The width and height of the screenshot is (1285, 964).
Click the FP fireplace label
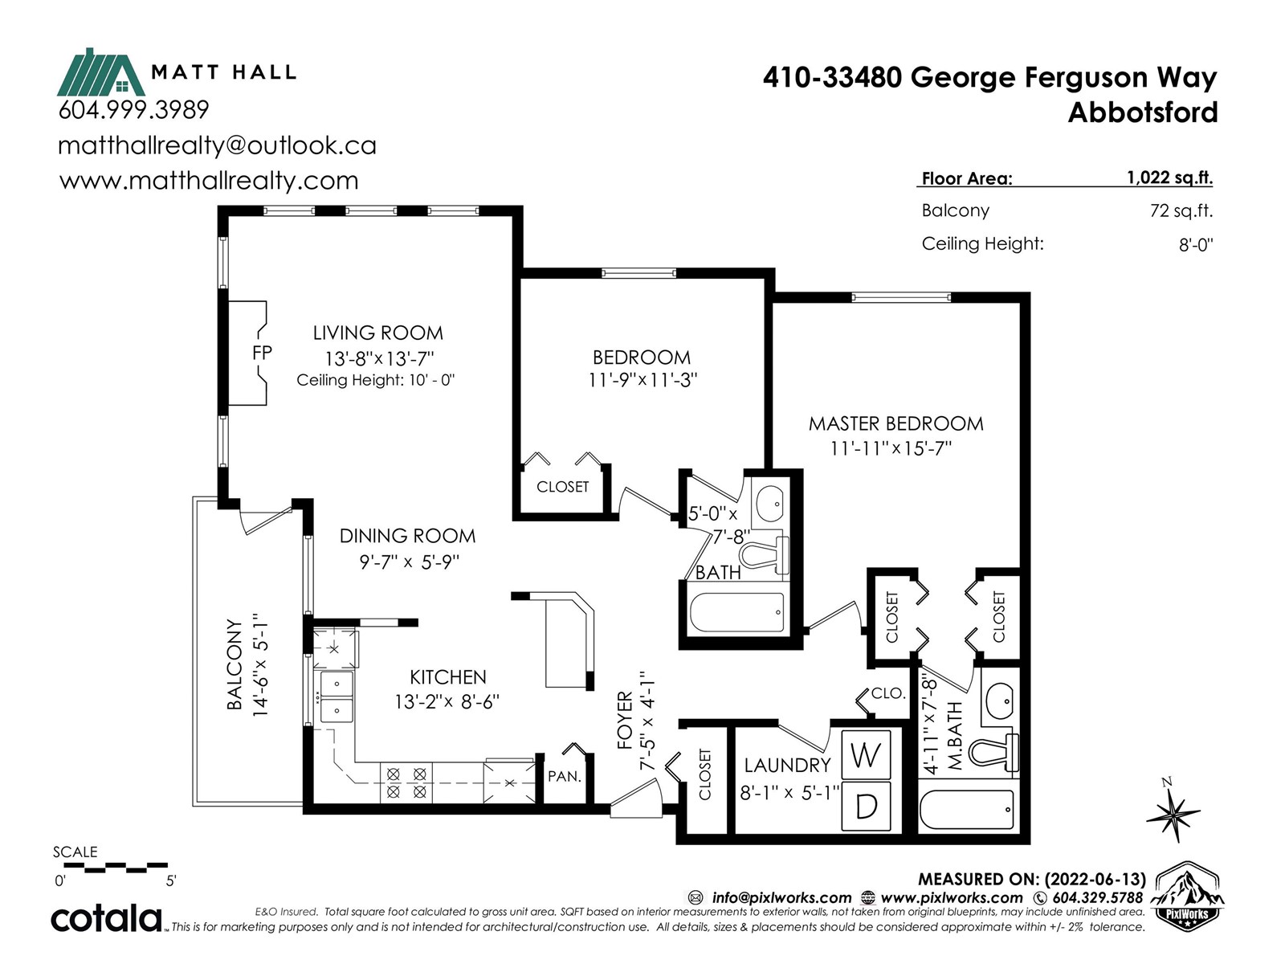(262, 353)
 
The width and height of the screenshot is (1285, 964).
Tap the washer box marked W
(866, 755)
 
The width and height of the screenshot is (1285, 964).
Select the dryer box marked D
(866, 806)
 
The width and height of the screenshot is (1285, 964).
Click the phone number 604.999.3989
(133, 109)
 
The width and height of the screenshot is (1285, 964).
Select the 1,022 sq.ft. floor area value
(1169, 178)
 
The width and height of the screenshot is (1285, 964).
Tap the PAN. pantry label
(564, 777)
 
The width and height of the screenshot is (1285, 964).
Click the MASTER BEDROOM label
(895, 424)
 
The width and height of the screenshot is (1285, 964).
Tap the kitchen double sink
(335, 697)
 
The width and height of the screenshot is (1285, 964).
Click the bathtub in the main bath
(736, 615)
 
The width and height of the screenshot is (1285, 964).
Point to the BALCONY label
(235, 664)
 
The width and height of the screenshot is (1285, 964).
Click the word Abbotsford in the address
(1142, 112)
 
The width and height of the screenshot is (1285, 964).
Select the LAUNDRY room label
(786, 766)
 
